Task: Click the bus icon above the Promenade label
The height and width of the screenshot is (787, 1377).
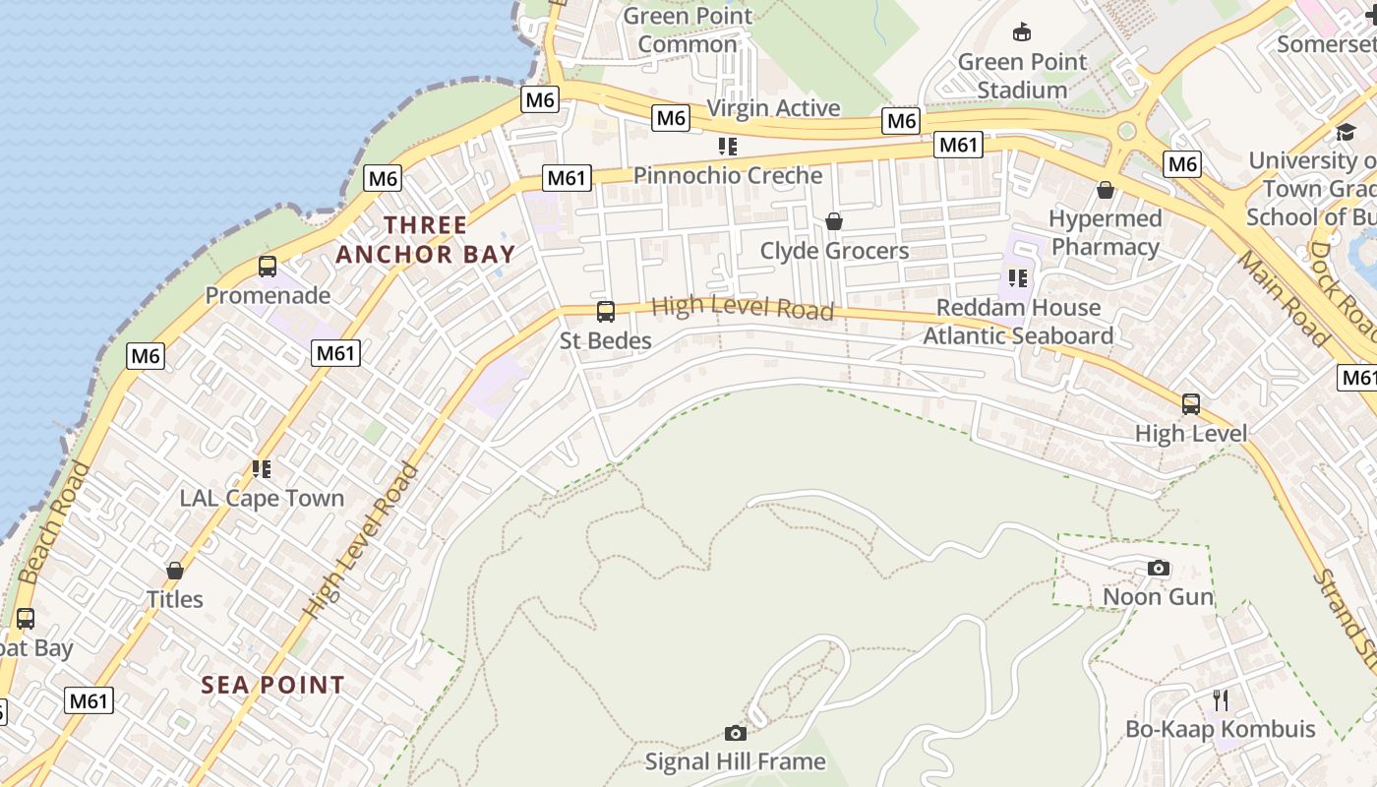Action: (267, 266)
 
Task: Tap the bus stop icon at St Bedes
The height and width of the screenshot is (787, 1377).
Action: (605, 312)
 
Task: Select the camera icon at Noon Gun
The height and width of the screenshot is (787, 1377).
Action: (1159, 568)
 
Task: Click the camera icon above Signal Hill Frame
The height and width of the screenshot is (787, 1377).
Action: (735, 733)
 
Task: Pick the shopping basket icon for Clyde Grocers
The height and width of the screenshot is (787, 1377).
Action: (834, 221)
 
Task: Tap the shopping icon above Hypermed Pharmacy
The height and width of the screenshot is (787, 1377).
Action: (1106, 189)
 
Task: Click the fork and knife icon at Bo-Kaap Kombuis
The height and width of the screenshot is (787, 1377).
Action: (1221, 699)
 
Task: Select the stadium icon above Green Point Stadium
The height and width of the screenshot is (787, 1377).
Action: (1022, 32)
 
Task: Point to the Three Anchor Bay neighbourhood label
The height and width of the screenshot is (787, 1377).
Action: (426, 239)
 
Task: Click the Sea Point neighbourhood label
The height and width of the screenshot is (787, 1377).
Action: (273, 685)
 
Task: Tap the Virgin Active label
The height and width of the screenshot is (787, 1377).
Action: (773, 108)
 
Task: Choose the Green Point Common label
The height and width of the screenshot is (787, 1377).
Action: (688, 30)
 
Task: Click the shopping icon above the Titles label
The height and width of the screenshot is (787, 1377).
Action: (175, 571)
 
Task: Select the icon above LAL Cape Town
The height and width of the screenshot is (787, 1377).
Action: (261, 469)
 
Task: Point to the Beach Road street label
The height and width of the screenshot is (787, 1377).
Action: (54, 522)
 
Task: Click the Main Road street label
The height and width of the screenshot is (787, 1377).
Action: (1284, 297)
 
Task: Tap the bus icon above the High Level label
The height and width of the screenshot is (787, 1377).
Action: (1190, 403)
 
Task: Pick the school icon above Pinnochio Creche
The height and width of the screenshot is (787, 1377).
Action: (727, 147)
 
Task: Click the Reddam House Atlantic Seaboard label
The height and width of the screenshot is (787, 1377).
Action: (1018, 322)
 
